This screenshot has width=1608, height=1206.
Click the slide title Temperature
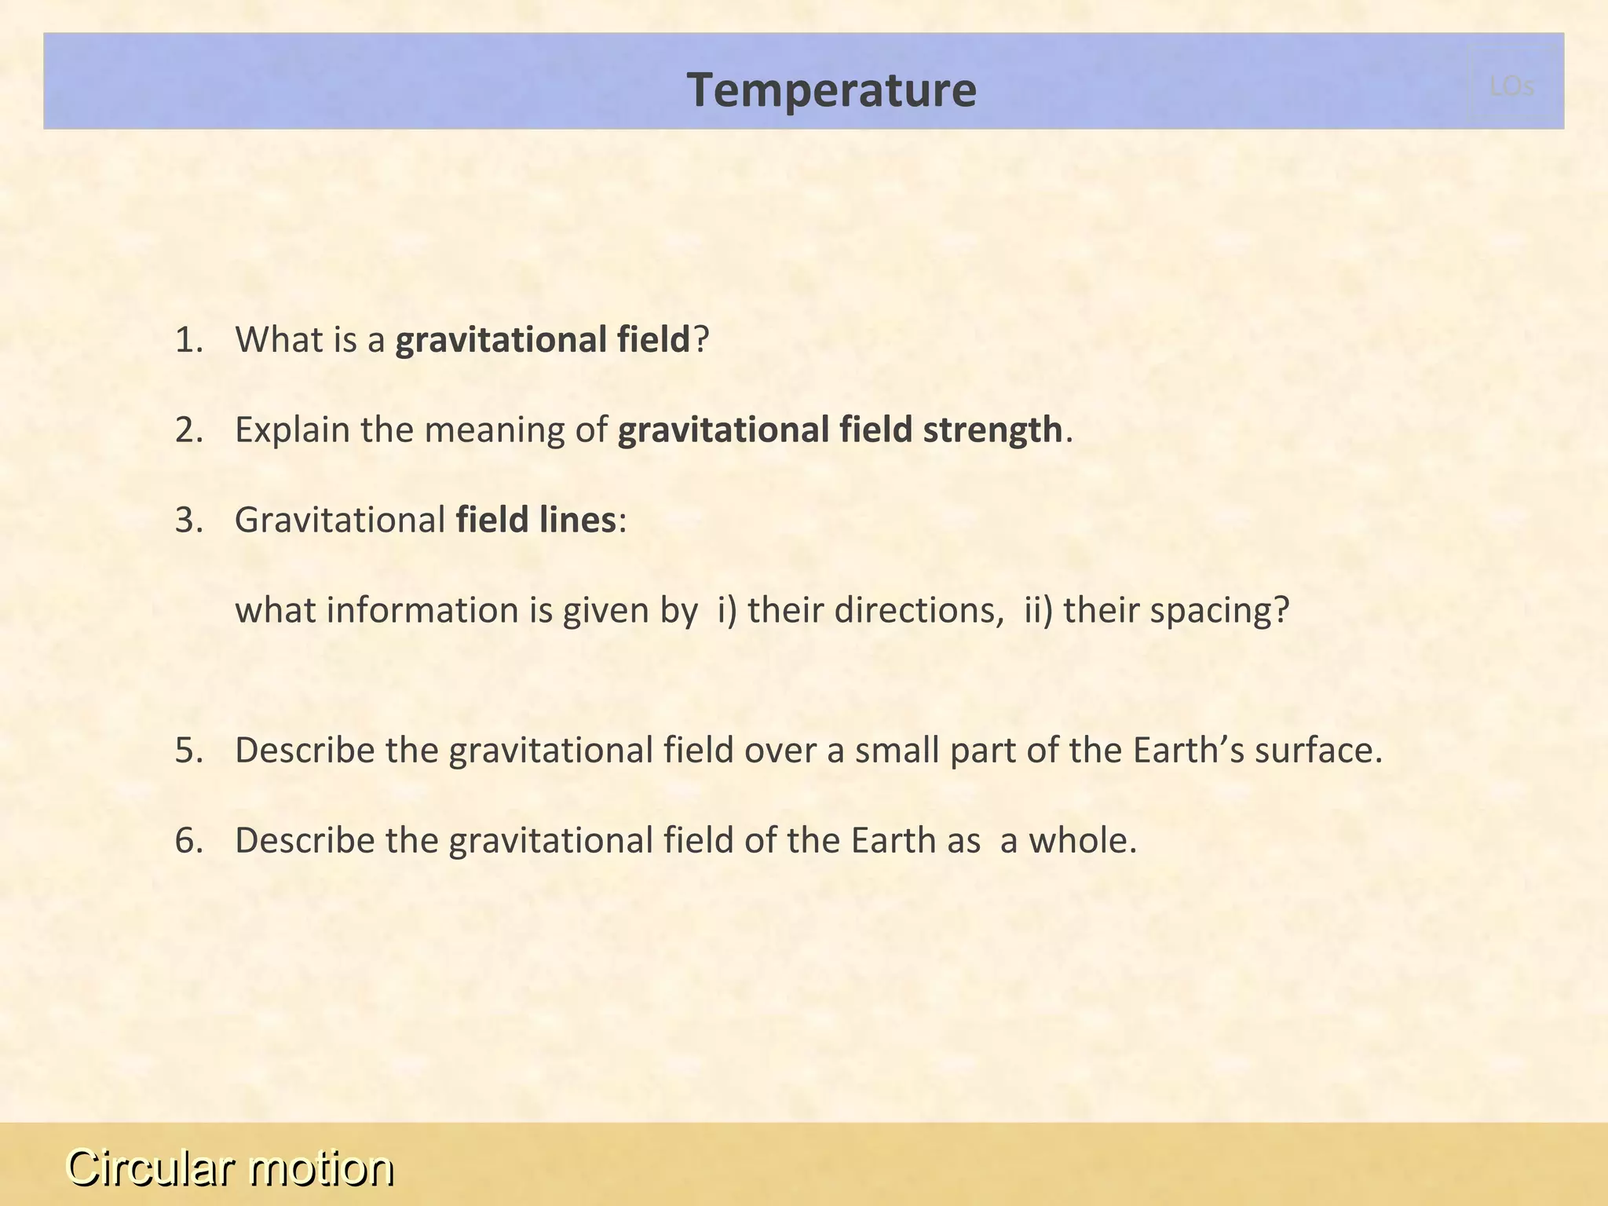[x=831, y=90]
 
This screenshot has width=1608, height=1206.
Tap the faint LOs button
[x=1511, y=86]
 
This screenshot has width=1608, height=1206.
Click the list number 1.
[x=188, y=340]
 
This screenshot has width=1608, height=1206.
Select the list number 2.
[x=188, y=430]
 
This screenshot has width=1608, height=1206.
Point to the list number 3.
[x=188, y=520]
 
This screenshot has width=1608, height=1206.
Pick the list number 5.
[x=188, y=751]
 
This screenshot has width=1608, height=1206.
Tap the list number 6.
[x=188, y=841]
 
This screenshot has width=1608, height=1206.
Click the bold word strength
[x=992, y=430]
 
